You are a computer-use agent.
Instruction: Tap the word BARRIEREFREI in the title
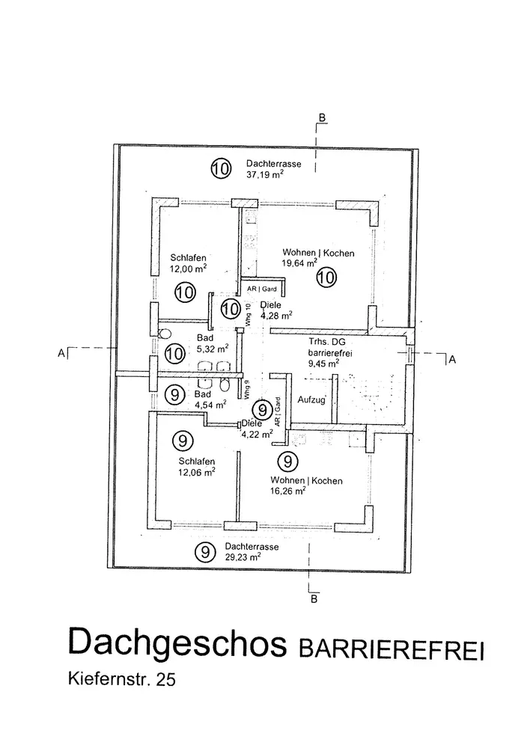(391, 648)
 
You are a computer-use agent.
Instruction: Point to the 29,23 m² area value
(243, 557)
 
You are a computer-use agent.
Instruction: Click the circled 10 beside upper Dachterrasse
(220, 169)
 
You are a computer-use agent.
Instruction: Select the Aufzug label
(311, 399)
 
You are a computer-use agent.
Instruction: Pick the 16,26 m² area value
(287, 491)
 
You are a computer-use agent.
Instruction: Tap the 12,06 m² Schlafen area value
(197, 472)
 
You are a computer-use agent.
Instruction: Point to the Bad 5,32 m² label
(210, 343)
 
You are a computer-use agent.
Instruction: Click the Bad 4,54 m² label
(209, 400)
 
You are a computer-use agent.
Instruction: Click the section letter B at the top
(321, 117)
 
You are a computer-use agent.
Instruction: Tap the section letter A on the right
(451, 361)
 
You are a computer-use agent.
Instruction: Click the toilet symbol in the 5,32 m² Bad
(166, 334)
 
